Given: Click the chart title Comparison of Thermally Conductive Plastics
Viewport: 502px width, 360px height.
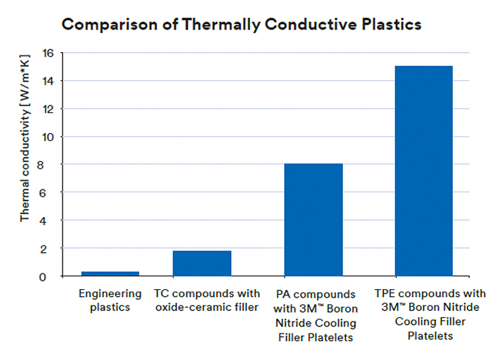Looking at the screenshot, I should click(x=241, y=25).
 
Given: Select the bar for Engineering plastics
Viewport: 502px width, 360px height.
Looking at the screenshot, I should click(x=110, y=273).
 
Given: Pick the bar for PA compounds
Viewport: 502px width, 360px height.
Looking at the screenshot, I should click(x=313, y=220).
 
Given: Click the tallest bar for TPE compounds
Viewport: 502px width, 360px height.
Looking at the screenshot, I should click(x=424, y=171).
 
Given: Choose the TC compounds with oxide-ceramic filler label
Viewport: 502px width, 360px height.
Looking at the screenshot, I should click(x=206, y=300).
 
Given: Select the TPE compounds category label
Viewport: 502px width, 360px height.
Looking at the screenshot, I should click(x=430, y=314).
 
